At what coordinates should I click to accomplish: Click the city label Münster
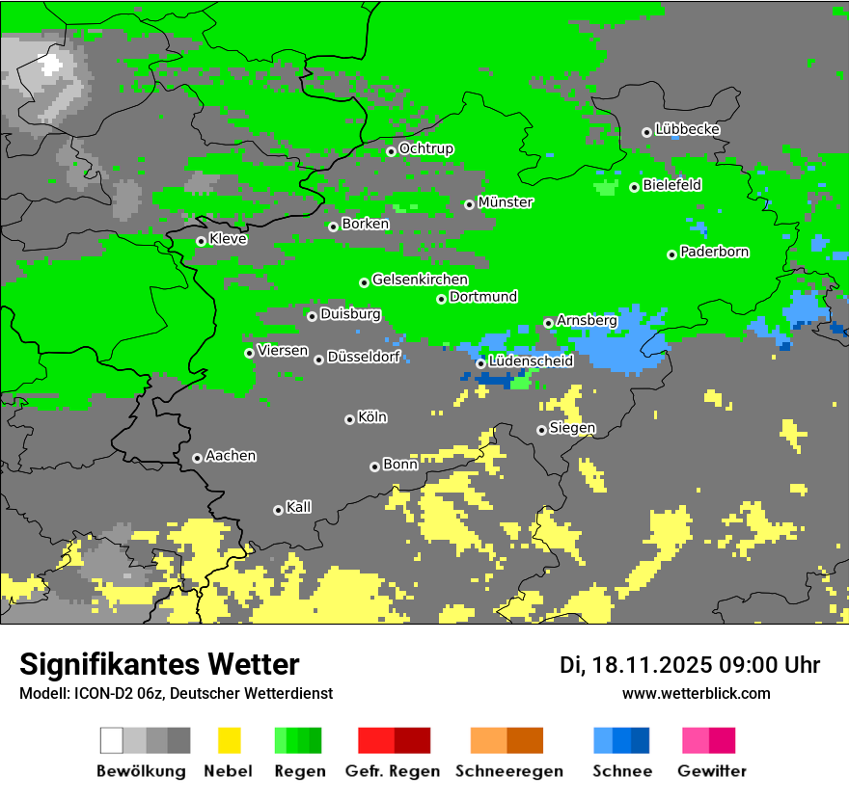506,202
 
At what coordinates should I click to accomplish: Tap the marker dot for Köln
349,419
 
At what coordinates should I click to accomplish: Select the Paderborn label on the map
714,253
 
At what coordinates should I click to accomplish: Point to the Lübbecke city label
687,129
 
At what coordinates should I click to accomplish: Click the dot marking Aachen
197,458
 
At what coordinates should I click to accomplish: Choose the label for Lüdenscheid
531,361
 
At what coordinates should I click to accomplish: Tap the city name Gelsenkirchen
420,280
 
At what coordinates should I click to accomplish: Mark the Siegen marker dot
541,430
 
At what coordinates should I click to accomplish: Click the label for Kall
298,507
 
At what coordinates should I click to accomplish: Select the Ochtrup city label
425,149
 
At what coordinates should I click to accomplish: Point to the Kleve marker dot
201,241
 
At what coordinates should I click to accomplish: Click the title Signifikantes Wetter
159,665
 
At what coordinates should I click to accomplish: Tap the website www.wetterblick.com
696,694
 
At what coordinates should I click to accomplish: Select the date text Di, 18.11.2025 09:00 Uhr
689,665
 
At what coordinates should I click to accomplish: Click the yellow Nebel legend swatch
229,740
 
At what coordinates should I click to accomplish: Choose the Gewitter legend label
711,771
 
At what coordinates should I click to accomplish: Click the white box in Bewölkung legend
111,740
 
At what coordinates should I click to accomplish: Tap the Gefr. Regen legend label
393,771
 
